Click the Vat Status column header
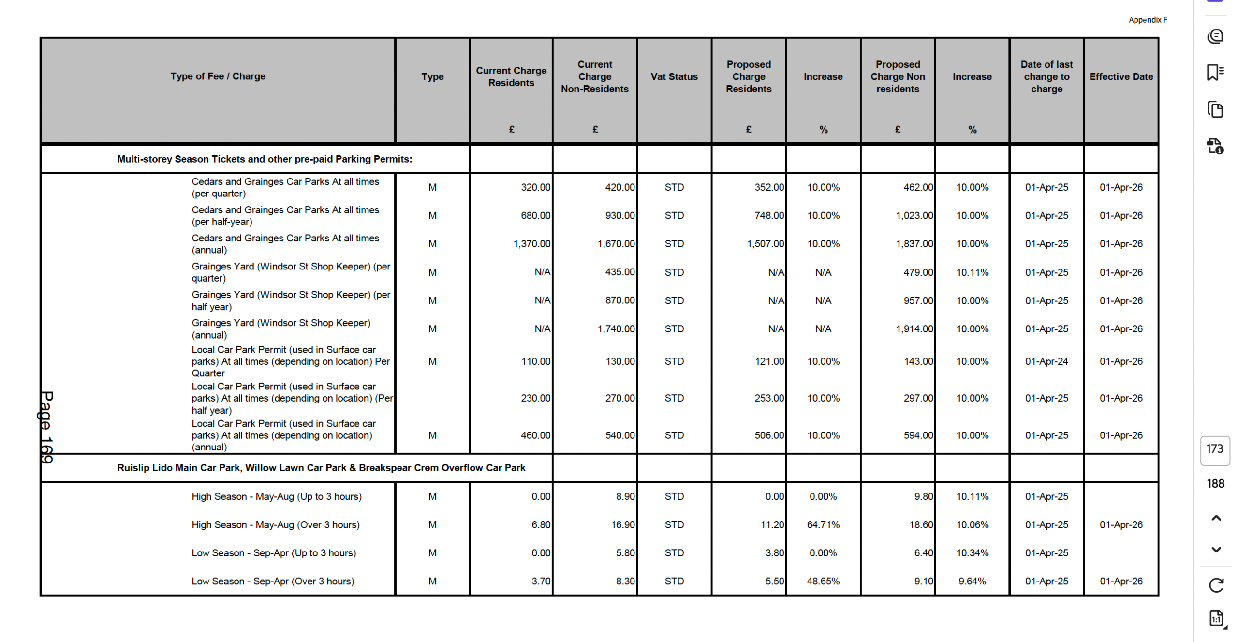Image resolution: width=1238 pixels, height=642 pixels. [x=674, y=76]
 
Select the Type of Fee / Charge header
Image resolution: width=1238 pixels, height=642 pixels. [x=218, y=76]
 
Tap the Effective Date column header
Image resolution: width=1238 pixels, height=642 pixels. [x=1120, y=76]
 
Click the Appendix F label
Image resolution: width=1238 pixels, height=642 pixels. [x=1147, y=20]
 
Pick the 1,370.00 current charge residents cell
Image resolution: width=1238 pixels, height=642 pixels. [x=531, y=244]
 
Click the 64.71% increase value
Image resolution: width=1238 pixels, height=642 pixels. [x=823, y=525]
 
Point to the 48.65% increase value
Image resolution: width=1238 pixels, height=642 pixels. [x=823, y=581]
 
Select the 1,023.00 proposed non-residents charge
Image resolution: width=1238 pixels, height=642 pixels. [x=914, y=216]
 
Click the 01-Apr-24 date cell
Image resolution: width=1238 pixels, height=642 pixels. [x=1046, y=361]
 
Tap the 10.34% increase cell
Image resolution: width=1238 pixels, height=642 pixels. [x=972, y=553]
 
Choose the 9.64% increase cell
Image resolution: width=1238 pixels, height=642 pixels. [x=972, y=581]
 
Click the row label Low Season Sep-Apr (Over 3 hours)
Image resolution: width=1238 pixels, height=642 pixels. [x=273, y=581]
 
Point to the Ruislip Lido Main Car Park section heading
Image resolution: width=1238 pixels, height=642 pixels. [x=321, y=468]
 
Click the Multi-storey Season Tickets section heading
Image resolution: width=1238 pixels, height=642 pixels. [x=264, y=159]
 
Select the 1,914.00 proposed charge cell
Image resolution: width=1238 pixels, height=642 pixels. [x=914, y=329]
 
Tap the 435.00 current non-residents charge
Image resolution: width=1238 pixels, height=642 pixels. [x=619, y=272]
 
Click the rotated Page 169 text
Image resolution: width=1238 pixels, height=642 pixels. [x=46, y=427]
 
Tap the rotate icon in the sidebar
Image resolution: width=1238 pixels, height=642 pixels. [x=1215, y=585]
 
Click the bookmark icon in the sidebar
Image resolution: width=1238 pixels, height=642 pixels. [x=1215, y=73]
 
